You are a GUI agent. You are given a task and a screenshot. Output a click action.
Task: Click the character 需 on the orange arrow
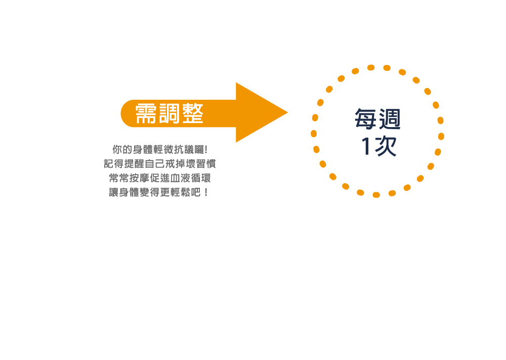tap(146, 113)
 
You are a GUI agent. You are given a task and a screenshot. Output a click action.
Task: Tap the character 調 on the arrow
tap(169, 113)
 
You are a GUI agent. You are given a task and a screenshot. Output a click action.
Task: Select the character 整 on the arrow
tap(193, 113)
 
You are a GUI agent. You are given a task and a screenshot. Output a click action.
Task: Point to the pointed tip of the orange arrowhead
tap(287, 112)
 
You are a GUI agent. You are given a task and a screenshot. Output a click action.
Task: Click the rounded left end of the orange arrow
tap(121, 113)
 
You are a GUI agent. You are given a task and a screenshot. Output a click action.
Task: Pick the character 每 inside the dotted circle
tap(365, 118)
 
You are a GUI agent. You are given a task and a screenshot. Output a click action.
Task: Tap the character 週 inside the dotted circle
tap(390, 118)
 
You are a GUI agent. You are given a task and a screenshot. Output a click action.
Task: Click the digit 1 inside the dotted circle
tap(366, 146)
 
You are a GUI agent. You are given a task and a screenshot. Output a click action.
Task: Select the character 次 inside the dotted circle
tap(385, 146)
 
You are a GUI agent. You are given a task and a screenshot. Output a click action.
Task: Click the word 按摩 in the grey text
tap(140, 178)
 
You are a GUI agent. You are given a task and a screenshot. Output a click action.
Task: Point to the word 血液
tap(181, 178)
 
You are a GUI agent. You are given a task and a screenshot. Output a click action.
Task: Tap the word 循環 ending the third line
tap(201, 178)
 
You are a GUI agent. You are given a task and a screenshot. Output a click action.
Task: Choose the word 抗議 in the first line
tap(184, 149)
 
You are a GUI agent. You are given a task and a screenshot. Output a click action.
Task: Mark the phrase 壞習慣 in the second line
tap(201, 164)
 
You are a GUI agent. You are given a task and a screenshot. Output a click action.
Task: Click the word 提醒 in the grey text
tap(134, 164)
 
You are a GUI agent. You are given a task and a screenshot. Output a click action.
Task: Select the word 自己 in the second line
tap(154, 164)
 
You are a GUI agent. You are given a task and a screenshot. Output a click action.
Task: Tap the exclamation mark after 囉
tap(206, 149)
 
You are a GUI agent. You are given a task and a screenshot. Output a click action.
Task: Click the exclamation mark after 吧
tap(206, 192)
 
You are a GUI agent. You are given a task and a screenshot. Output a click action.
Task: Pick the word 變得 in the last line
tap(150, 192)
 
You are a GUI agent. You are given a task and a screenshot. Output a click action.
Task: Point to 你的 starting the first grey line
tap(122, 149)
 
